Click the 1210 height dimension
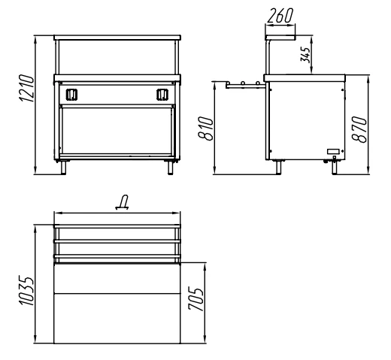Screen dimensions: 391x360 [x=26, y=88]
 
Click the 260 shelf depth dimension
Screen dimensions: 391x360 [x=280, y=16]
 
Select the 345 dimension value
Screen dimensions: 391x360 [x=305, y=55]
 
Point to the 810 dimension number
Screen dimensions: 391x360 [x=205, y=128]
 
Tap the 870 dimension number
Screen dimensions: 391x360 [x=359, y=129]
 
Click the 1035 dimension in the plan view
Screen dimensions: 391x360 [x=26, y=291]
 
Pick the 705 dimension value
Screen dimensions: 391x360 [x=195, y=299]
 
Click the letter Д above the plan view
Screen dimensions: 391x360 [x=123, y=202]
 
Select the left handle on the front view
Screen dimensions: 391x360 [x=71, y=95]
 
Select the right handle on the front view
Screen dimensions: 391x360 [x=162, y=95]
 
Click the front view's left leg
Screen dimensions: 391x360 [x=63, y=168]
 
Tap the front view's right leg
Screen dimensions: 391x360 [x=170, y=168]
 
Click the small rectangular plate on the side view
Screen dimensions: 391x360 [x=333, y=151]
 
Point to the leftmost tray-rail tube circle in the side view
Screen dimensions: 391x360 [x=228, y=83]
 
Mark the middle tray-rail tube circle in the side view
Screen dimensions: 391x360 [x=243, y=83]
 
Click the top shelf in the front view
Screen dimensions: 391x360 [x=117, y=38]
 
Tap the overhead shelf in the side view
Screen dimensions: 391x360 [x=280, y=38]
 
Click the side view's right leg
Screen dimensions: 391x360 [x=335, y=168]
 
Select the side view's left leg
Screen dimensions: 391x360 [x=278, y=168]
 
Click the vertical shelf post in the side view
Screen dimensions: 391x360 [x=268, y=57]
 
